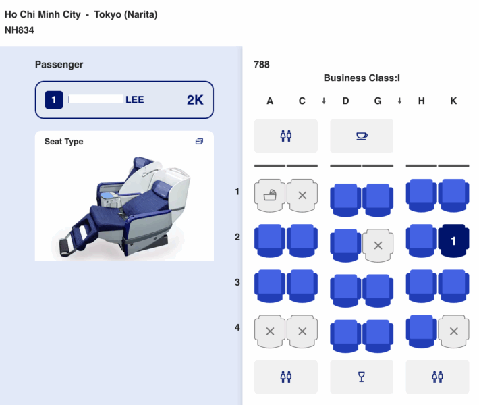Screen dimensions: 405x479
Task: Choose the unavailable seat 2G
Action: pos(378,245)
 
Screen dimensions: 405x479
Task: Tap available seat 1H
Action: pos(422,195)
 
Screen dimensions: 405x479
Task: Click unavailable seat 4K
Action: pos(454,331)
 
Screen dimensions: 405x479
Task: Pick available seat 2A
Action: pos(270,240)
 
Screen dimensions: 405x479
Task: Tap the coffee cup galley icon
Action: pos(362,136)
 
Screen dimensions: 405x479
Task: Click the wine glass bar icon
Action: pos(362,377)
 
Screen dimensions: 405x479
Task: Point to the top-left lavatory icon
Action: pos(285,136)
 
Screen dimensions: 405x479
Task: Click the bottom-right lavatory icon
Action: pos(437,377)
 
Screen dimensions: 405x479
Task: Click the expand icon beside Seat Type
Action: pos(199,142)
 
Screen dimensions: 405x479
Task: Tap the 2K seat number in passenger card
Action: pos(195,101)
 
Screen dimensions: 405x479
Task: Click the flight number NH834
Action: pos(20,30)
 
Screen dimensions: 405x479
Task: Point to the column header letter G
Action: pos(378,101)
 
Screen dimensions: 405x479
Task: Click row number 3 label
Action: pos(237,282)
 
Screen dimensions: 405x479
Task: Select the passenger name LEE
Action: pos(134,100)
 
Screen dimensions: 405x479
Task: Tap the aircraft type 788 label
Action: pos(262,65)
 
